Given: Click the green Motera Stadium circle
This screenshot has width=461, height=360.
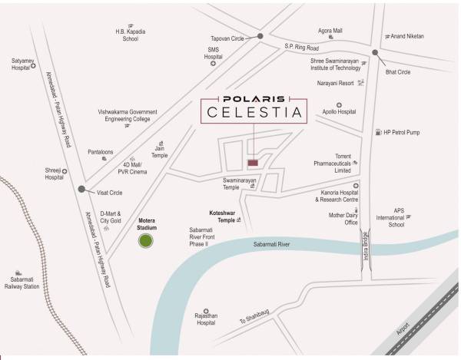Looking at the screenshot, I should pos(144,243).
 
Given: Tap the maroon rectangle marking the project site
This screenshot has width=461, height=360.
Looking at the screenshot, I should pos(254,162).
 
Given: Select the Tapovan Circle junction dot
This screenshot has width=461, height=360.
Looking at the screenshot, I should pos(261,36).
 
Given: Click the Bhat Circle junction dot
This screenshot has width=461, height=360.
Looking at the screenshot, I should pos(375,53).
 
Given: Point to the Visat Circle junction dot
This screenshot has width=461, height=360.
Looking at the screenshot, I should pos(81,187).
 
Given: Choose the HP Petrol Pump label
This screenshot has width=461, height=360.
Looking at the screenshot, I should pos(403,132).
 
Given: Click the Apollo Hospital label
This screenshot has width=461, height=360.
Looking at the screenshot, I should pos(337,111).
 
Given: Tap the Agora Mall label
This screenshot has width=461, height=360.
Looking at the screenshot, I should pos(330,31).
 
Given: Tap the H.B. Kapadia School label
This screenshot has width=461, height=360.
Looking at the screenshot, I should pos(130,35).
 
